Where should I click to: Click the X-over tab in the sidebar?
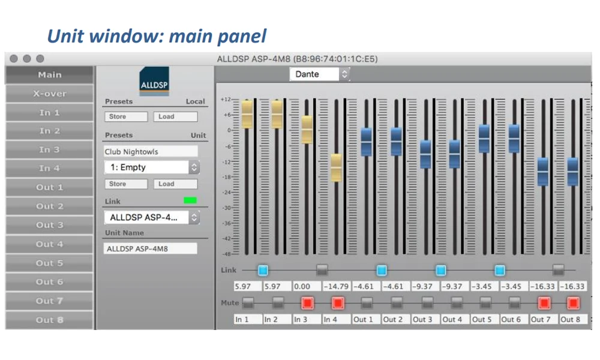coord(49,94)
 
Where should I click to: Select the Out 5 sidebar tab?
coord(49,263)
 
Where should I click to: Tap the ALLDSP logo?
coord(154,81)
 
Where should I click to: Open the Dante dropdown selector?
coord(320,74)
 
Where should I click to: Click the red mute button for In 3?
coord(307,303)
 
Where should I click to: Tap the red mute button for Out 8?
coord(573,303)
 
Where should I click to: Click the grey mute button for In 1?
coord(248,303)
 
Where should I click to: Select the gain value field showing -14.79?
coord(337,286)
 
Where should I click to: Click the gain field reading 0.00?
coord(307,286)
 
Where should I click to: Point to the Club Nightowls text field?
coord(151,151)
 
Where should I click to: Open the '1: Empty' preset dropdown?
coord(152,167)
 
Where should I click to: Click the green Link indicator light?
coord(190,200)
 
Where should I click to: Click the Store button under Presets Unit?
coord(126,184)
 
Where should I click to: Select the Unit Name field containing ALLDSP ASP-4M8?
coord(151,248)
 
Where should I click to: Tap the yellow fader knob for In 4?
coord(336,167)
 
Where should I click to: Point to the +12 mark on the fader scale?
coord(226,100)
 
